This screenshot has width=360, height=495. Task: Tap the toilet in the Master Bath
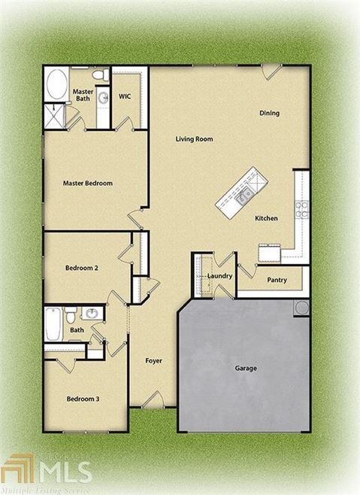click(x=98, y=76)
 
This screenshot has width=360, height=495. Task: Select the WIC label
click(x=126, y=96)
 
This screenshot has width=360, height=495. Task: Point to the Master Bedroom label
click(x=87, y=183)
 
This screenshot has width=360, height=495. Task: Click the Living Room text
click(x=194, y=139)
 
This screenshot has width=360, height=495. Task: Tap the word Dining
click(x=269, y=114)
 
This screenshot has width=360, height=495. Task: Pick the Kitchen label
click(x=266, y=218)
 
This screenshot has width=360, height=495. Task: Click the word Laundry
click(x=219, y=276)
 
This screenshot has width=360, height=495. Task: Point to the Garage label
click(x=246, y=369)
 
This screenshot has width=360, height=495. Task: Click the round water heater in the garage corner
click(x=301, y=307)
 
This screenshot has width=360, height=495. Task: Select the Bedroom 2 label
click(x=81, y=268)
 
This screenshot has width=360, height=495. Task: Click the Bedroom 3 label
click(x=83, y=399)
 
